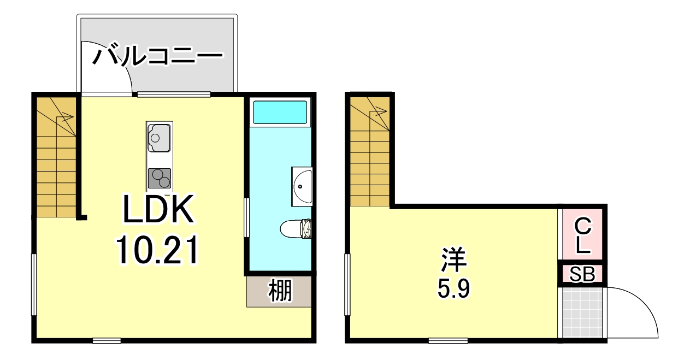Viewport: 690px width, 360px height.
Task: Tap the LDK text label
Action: (158, 210)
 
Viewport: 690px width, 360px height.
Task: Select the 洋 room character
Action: (453, 261)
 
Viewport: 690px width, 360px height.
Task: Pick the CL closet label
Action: (583, 235)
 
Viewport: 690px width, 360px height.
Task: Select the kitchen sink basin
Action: (158, 137)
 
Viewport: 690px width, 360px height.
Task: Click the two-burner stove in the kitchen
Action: (159, 178)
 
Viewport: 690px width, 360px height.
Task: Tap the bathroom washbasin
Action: (302, 186)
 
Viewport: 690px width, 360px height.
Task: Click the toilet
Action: (297, 228)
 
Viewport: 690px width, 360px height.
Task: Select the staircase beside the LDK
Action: (56, 157)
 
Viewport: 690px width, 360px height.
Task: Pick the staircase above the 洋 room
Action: (370, 152)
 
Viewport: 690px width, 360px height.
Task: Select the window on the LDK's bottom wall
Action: (107, 340)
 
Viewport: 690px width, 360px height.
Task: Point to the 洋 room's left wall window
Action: (347, 285)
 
